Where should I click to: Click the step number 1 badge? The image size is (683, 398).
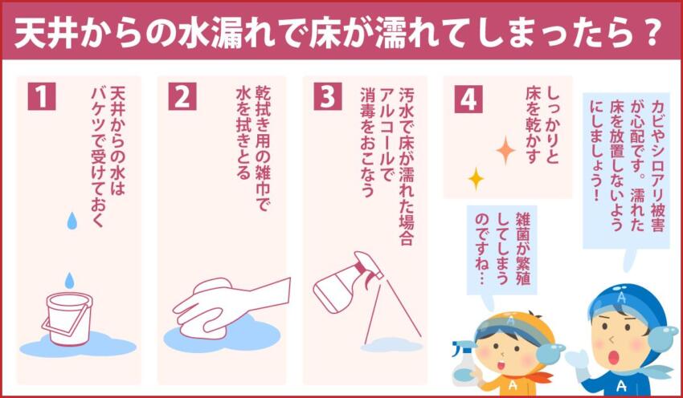coord(42,96)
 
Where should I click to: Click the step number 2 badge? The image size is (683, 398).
coord(182,96)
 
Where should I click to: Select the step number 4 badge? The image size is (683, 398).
coord(468,98)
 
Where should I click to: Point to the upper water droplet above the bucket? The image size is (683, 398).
coord(72,219)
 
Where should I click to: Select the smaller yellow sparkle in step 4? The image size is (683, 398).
coord(476,177)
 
